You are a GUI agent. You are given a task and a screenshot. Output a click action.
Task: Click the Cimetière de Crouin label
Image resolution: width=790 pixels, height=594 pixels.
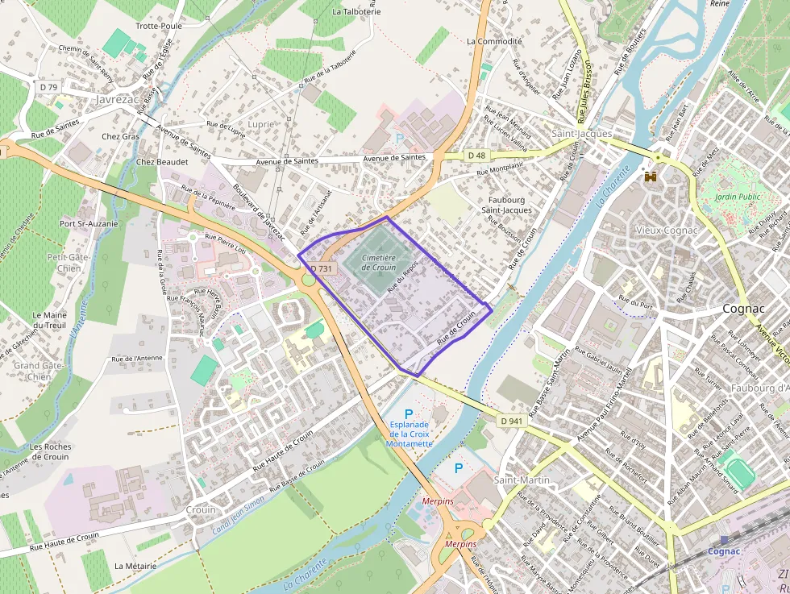379,262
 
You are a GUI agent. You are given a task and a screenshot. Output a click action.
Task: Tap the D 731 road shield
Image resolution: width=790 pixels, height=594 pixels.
321,268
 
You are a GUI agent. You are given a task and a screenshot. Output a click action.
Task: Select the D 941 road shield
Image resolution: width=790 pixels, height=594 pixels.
510,421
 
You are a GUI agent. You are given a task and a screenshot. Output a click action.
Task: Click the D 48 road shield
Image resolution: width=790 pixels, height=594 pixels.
476,155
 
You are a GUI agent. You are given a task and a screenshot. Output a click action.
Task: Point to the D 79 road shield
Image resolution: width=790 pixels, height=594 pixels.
49,86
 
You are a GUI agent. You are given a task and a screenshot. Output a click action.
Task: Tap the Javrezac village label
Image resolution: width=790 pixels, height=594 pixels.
118,101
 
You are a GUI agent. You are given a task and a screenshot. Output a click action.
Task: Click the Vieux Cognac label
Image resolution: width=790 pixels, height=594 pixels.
666,231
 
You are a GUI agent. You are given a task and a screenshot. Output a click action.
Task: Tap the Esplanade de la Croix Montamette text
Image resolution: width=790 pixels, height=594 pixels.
410,434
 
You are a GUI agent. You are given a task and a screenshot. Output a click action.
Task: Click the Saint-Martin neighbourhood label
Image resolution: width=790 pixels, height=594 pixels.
522,480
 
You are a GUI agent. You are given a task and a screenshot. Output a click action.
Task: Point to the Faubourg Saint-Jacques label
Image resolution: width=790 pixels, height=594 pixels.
507,205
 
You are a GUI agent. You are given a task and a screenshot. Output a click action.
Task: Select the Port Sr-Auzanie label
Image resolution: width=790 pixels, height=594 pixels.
89,223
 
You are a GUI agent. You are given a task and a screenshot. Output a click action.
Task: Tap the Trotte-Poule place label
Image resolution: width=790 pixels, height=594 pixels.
158,26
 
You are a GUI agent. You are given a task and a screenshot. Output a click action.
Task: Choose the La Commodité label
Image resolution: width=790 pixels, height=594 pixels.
494,41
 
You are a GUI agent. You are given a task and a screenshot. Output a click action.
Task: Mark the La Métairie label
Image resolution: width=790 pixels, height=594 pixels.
135,566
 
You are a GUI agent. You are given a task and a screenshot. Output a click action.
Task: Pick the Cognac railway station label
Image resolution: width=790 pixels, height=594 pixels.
724,551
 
